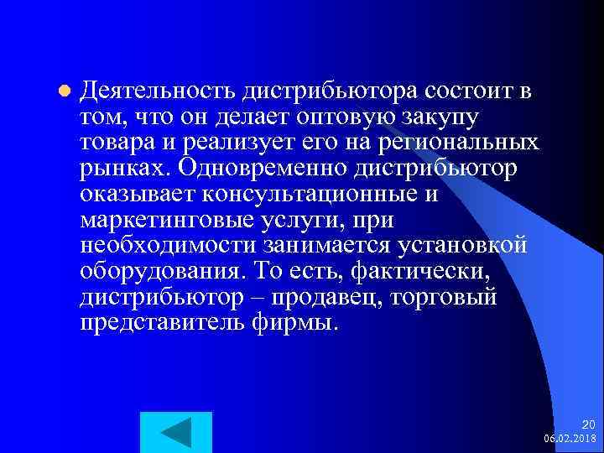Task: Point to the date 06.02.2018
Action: coord(570,438)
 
